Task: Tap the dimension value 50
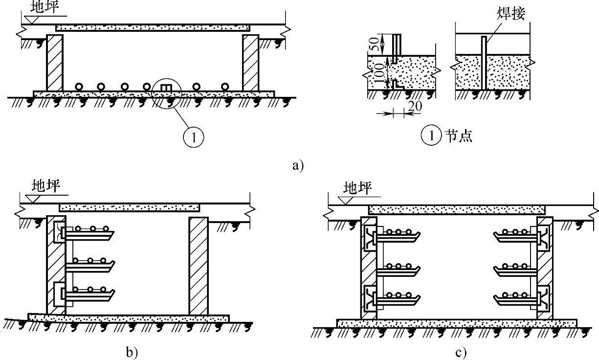373,44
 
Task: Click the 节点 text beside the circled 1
458,136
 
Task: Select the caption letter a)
298,165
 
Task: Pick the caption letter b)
132,352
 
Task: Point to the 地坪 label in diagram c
357,187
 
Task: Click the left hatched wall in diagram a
54,62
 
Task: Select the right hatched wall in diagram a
250,62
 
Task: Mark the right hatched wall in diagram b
198,266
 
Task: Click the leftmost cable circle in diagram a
78,87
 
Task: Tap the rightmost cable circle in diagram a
224,87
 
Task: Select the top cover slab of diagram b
129,208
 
